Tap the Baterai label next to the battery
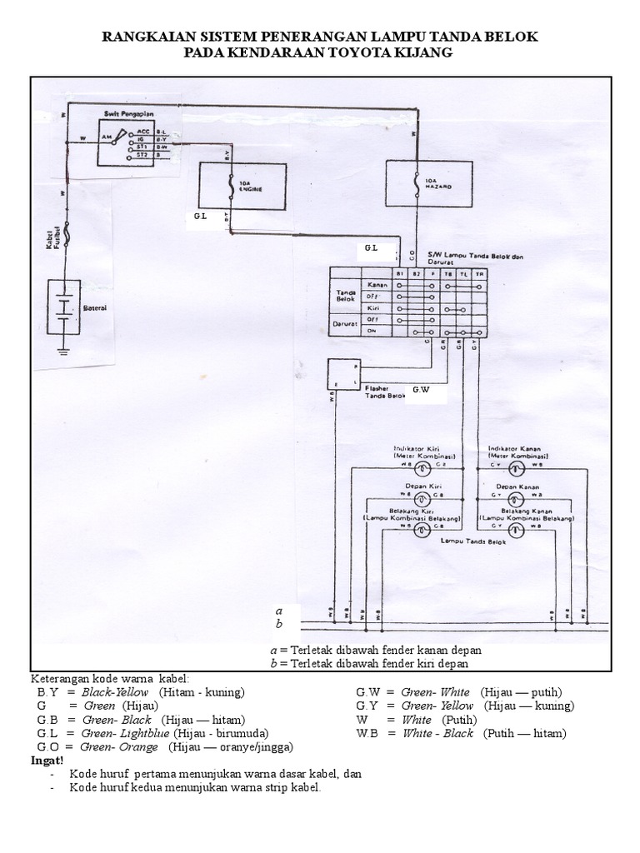(x=96, y=308)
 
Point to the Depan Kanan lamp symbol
(x=515, y=497)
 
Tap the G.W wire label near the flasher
(x=422, y=389)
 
